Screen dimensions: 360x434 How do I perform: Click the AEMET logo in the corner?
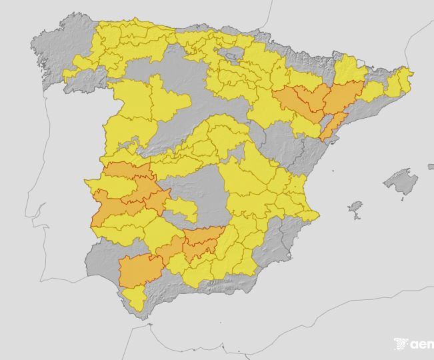pyautogui.click(x=414, y=344)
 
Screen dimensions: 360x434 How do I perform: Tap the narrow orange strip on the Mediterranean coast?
pyautogui.click(x=331, y=126)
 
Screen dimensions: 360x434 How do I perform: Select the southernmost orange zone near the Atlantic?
pyautogui.click(x=140, y=270)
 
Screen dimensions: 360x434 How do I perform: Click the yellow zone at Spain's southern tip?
pyautogui.click(x=136, y=298)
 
